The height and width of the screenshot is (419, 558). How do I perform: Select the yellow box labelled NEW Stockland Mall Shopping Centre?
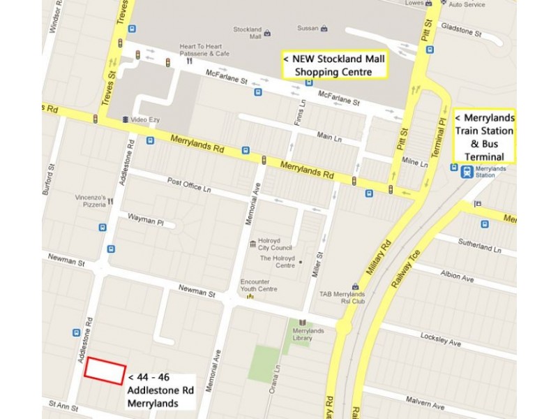coord(333,66)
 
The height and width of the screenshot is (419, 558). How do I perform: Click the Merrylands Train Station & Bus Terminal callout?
coord(484,136)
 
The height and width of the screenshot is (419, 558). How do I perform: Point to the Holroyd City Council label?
coord(275,243)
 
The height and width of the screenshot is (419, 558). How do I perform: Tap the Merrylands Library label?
coord(308,335)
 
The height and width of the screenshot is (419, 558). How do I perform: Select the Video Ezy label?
coord(144,119)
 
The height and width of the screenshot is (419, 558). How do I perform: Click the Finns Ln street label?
coord(301,113)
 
